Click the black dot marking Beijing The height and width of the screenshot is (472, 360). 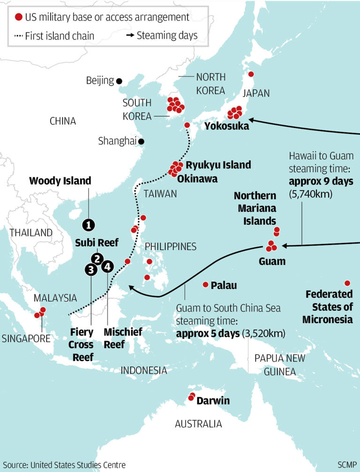click(x=120, y=81)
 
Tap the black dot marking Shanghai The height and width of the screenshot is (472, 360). click(x=141, y=141)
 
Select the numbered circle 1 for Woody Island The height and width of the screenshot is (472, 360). click(x=88, y=225)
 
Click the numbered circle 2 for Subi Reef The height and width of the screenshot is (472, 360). click(x=97, y=258)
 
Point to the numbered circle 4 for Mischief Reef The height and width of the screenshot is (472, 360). click(x=108, y=266)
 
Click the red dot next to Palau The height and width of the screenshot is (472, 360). click(x=205, y=285)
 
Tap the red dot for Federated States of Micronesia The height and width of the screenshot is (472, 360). click(x=347, y=283)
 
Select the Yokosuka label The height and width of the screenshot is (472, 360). click(x=227, y=126)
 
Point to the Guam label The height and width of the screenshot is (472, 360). click(x=272, y=261)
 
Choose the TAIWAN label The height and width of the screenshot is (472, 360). click(x=160, y=193)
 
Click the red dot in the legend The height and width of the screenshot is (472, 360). click(x=19, y=17)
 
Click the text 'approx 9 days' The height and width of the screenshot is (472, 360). click(x=321, y=181)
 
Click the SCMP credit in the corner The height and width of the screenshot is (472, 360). click(x=347, y=465)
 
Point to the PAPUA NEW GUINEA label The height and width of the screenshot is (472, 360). click(x=279, y=365)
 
